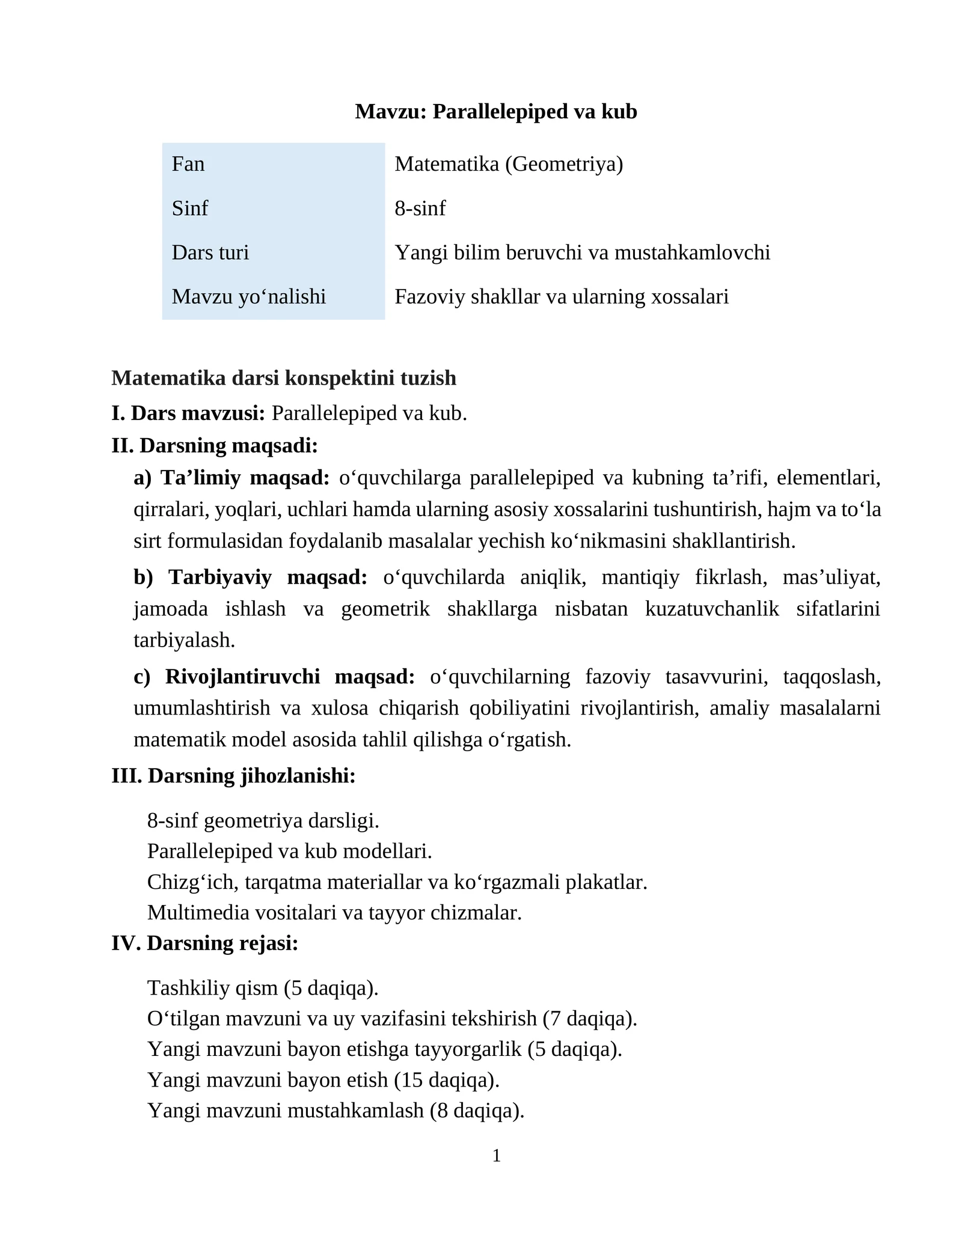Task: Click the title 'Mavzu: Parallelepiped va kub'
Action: click(x=495, y=112)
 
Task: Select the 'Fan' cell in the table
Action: click(x=188, y=164)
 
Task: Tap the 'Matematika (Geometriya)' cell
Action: click(x=509, y=164)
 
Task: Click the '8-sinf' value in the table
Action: click(x=420, y=209)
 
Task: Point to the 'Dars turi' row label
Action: click(x=210, y=252)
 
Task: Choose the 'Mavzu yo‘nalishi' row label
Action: click(x=248, y=297)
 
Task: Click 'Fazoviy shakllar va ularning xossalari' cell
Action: click(x=561, y=297)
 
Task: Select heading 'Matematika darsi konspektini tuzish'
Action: click(x=284, y=378)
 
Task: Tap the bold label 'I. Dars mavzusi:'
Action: click(x=188, y=413)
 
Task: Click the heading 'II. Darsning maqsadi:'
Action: click(x=214, y=446)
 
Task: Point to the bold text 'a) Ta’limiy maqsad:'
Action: click(x=231, y=478)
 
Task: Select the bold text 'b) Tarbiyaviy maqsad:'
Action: click(x=250, y=578)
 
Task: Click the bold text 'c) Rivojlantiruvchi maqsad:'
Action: click(x=274, y=677)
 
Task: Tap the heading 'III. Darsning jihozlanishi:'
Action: click(x=233, y=776)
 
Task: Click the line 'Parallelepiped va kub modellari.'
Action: click(x=289, y=852)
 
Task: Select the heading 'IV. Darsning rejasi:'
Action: click(x=204, y=944)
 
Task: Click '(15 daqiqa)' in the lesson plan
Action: click(x=447, y=1080)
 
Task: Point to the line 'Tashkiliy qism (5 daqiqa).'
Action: click(x=263, y=988)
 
